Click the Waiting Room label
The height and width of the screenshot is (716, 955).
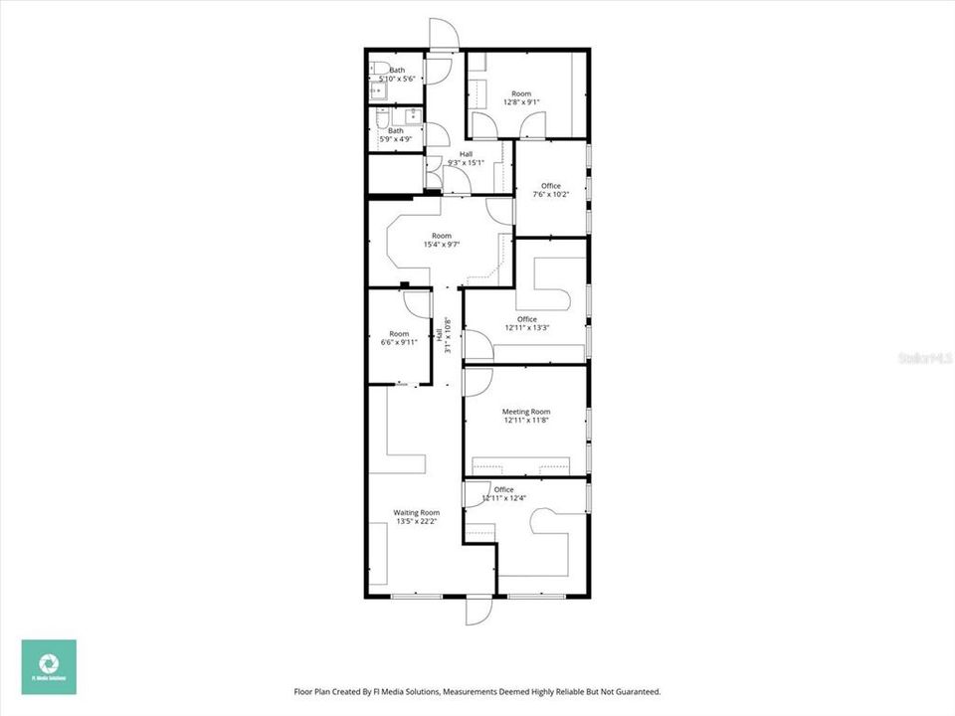pyautogui.click(x=416, y=513)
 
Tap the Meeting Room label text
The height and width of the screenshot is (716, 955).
pyautogui.click(x=526, y=412)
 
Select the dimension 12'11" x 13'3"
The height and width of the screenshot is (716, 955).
pyautogui.click(x=526, y=328)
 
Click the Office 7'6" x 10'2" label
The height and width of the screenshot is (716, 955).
pyautogui.click(x=550, y=190)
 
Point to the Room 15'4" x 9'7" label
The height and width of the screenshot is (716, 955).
pyautogui.click(x=441, y=240)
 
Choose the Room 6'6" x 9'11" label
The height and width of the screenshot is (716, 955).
pyautogui.click(x=399, y=338)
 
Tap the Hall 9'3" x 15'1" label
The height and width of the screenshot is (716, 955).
pyautogui.click(x=466, y=158)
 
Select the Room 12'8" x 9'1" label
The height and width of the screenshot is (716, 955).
pyautogui.click(x=522, y=95)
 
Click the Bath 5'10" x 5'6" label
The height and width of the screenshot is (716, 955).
pyautogui.click(x=396, y=74)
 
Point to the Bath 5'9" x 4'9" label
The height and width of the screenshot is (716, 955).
pyautogui.click(x=396, y=134)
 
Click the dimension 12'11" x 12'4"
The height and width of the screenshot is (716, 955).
pyautogui.click(x=503, y=498)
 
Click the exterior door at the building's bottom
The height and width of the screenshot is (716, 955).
pyautogui.click(x=478, y=609)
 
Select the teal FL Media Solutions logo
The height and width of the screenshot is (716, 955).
pyautogui.click(x=49, y=666)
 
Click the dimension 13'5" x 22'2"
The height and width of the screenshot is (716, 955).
pyautogui.click(x=416, y=521)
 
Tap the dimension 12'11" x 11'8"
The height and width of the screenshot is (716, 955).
pyautogui.click(x=526, y=420)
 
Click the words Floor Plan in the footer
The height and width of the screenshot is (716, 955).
pyautogui.click(x=312, y=691)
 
